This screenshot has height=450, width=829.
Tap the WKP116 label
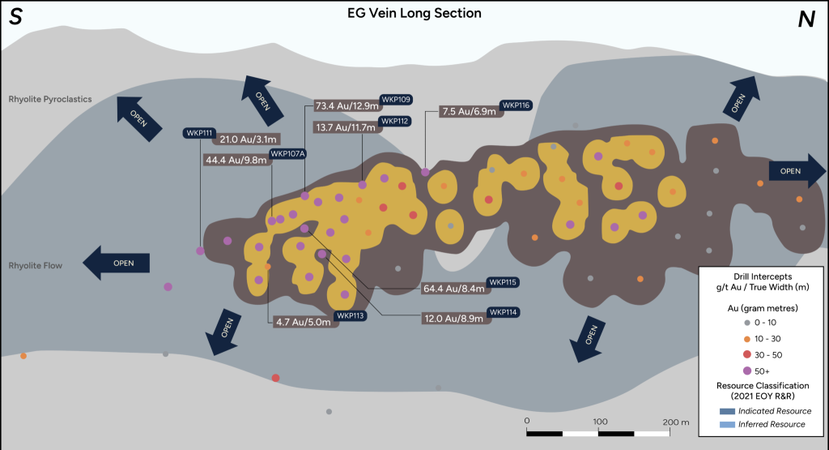tap(516, 105)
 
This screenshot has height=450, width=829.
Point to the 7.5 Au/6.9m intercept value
tap(469, 112)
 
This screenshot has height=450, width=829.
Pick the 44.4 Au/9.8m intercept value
tap(235, 160)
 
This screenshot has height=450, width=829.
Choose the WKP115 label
tap(502, 282)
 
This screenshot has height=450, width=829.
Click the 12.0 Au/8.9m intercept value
tap(453, 319)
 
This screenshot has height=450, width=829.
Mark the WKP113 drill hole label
tap(351, 315)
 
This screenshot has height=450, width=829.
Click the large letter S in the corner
tap(15, 18)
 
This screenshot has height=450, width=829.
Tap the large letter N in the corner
tap(806, 20)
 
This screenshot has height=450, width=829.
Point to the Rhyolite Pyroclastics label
tap(50, 100)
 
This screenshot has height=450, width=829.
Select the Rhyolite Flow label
tap(35, 265)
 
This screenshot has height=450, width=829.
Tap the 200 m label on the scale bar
tap(675, 422)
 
